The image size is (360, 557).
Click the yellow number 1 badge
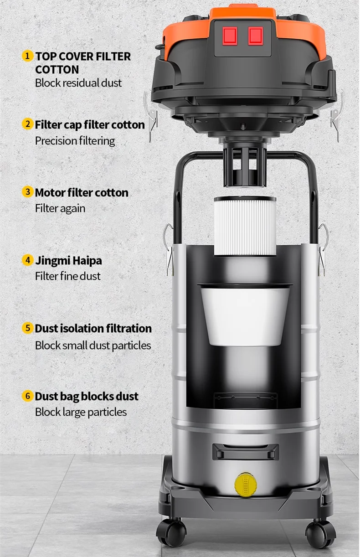coord(28,56)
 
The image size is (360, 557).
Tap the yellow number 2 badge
coord(28,124)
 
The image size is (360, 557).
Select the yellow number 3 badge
coord(28,192)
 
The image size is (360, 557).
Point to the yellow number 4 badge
coord(28,260)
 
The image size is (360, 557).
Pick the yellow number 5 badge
coord(28,328)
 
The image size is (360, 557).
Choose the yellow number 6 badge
coord(28,396)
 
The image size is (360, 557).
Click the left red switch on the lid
coord(230,36)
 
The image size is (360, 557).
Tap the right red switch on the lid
coord(256,36)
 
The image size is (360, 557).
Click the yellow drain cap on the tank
coord(246,485)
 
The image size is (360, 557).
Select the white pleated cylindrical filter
coord(245,226)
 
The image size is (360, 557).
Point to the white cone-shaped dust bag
coord(245,315)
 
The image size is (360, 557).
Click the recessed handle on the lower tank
coord(245,452)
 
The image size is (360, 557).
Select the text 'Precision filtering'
coord(75,141)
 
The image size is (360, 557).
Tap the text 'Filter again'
coord(60,208)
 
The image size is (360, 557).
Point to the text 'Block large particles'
coord(81,412)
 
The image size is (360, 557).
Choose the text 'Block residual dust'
coord(78,83)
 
